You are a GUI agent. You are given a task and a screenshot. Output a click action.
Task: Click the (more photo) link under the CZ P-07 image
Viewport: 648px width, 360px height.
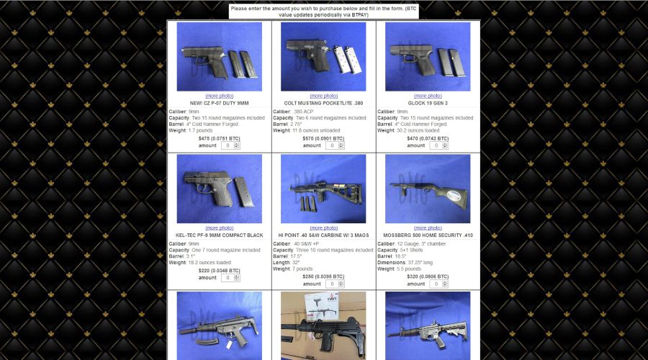(x=219, y=96)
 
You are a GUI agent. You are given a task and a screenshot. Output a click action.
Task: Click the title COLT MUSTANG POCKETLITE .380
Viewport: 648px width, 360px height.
(x=323, y=103)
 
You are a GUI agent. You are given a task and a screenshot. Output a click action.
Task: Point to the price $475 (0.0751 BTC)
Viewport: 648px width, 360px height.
(x=219, y=138)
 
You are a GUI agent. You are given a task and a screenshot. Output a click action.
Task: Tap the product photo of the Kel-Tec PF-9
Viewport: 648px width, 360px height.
(x=219, y=189)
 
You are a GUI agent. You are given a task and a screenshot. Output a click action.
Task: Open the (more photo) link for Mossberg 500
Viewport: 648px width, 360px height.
(x=428, y=228)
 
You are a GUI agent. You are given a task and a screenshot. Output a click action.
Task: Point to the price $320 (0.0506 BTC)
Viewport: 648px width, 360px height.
(x=428, y=276)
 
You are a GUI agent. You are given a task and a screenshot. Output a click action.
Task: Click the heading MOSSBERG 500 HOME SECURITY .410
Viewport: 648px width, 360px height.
(x=428, y=235)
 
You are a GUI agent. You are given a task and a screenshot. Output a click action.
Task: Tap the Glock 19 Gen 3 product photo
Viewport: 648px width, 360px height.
(x=428, y=56)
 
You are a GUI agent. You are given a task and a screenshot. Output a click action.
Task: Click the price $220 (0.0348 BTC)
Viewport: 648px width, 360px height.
(x=219, y=270)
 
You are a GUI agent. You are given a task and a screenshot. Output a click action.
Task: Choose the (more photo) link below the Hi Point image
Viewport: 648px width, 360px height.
(x=323, y=228)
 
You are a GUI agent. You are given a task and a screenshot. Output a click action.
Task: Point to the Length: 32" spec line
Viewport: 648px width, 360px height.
(x=289, y=263)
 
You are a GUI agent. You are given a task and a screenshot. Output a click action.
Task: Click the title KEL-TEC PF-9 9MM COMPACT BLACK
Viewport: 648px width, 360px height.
(x=219, y=235)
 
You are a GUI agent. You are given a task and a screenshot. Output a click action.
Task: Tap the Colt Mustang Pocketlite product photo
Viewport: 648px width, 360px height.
(x=323, y=56)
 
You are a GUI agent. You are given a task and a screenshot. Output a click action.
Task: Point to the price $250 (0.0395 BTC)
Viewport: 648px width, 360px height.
(x=323, y=276)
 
